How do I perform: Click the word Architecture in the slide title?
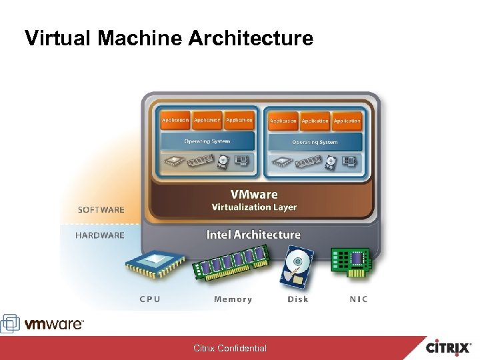(x=251, y=38)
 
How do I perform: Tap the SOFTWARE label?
(x=101, y=209)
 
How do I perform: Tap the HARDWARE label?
(x=100, y=235)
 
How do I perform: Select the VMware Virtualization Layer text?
(x=254, y=200)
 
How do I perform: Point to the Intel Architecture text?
(x=253, y=235)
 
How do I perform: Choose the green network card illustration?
(x=351, y=262)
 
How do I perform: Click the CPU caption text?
(x=150, y=299)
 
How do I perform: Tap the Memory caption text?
(x=233, y=299)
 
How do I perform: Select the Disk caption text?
(x=298, y=299)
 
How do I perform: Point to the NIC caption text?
(x=359, y=299)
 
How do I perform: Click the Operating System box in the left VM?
(x=207, y=141)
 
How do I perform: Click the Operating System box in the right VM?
(x=315, y=142)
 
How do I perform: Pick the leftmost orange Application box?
(x=175, y=120)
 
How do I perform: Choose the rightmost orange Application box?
(x=347, y=121)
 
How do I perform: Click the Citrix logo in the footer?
(x=450, y=347)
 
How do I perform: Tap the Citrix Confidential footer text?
(x=230, y=348)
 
